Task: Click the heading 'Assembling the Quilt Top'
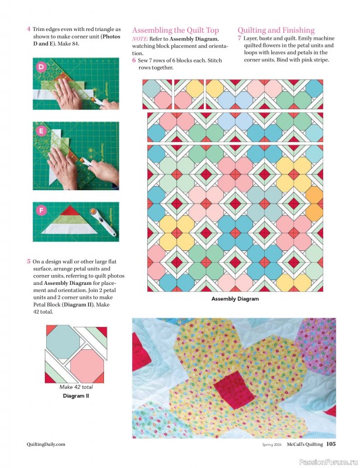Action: click(175, 30)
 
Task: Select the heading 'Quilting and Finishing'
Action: click(276, 30)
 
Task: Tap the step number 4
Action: click(29, 29)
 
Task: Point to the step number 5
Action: click(29, 261)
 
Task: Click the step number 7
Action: click(240, 38)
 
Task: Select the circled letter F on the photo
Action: click(41, 209)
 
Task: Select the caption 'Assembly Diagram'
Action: click(235, 299)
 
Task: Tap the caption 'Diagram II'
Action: click(77, 395)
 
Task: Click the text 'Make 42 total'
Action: click(77, 387)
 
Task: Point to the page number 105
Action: click(330, 445)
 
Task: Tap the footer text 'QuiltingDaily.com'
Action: click(46, 445)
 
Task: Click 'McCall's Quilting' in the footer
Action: click(304, 445)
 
